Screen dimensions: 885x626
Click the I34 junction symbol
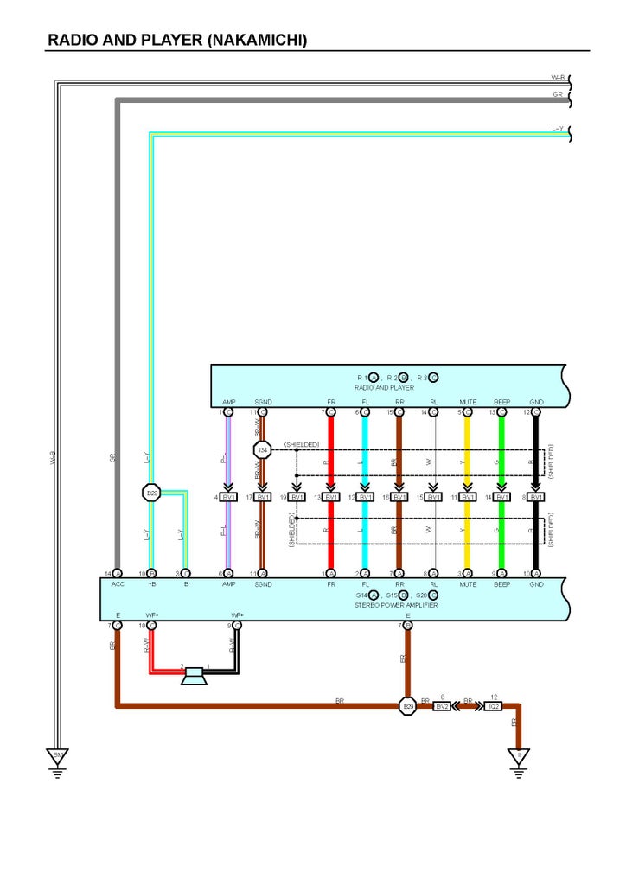[263, 449]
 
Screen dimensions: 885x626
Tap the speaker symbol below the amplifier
[195, 676]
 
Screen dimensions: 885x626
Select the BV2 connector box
[442, 706]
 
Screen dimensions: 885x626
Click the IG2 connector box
[494, 706]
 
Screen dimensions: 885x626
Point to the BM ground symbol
[58, 757]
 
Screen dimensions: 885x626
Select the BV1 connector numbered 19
[297, 497]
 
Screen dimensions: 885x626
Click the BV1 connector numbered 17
[263, 497]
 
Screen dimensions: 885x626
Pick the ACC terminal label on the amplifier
[118, 584]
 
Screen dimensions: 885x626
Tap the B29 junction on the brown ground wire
[408, 706]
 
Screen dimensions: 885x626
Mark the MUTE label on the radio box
[468, 403]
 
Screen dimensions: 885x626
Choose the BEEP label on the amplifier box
[501, 584]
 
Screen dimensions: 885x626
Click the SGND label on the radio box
[263, 403]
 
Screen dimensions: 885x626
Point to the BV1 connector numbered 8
[536, 497]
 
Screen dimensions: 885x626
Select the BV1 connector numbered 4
[229, 497]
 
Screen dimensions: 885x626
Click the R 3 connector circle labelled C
[434, 378]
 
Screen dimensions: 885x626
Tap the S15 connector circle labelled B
[403, 595]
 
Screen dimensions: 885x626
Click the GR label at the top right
[559, 93]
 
